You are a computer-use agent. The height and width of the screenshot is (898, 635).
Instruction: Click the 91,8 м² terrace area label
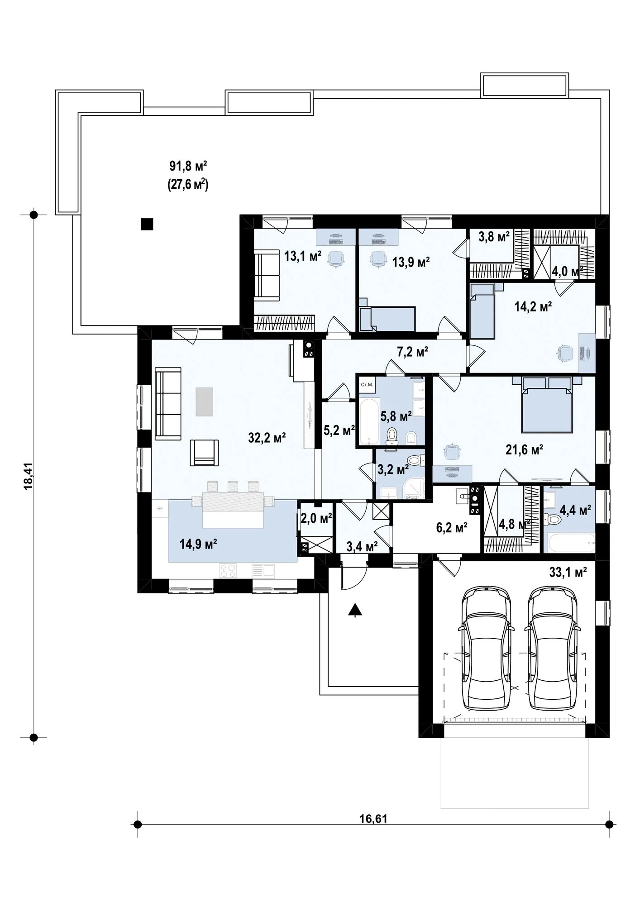(189, 166)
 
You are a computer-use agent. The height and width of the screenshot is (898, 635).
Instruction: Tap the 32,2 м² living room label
(267, 437)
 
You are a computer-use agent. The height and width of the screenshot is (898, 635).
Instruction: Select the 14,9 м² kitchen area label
(198, 544)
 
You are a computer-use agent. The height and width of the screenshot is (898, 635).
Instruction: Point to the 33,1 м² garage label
(568, 572)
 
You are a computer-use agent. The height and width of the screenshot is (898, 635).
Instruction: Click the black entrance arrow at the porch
(355, 611)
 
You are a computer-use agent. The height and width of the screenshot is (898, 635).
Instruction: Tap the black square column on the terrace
(147, 224)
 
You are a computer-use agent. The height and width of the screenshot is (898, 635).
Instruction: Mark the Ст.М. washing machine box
(367, 385)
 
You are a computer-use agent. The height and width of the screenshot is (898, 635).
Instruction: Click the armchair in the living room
(204, 453)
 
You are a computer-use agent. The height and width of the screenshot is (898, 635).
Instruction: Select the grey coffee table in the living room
(204, 401)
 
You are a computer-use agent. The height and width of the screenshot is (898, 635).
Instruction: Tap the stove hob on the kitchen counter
(228, 570)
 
